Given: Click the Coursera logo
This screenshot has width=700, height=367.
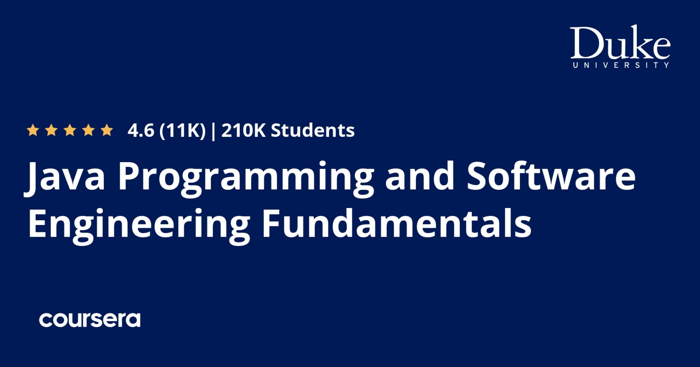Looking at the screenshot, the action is (x=90, y=320).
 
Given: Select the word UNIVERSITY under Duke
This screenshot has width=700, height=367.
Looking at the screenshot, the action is (x=621, y=65).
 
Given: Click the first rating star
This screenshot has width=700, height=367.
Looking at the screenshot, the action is (x=33, y=130).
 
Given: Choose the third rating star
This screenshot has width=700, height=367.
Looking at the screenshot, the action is (x=70, y=130).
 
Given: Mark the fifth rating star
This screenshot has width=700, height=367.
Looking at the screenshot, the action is (x=107, y=130).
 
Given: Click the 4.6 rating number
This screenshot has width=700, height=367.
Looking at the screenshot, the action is (x=141, y=130).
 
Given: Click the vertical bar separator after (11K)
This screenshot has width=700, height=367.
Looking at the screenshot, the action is (x=214, y=131).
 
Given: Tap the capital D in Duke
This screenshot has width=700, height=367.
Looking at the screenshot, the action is (x=585, y=43).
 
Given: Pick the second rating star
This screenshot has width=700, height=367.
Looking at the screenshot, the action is (x=52, y=130).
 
